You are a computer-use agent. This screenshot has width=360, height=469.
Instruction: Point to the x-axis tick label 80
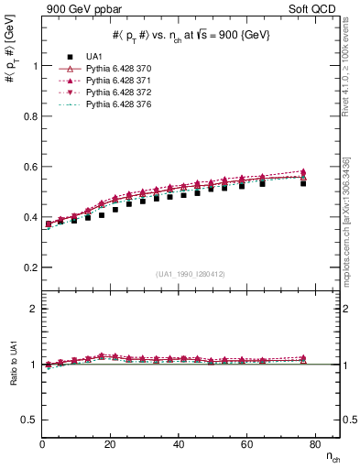[304, 444]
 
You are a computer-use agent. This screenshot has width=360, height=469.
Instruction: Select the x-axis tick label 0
[42, 444]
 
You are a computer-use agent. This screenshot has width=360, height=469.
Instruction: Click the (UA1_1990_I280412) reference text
[190, 274]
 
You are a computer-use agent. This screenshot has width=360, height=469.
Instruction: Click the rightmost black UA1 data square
[303, 183]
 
